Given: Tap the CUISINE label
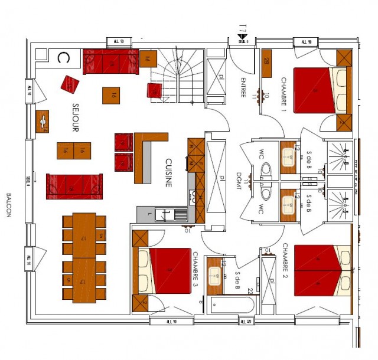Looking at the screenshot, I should click(168, 172).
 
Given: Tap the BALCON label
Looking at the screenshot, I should click(9, 205).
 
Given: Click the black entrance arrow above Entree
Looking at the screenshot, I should click(243, 36).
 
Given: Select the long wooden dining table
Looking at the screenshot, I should click(83, 257).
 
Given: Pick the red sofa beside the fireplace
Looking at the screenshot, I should click(110, 61).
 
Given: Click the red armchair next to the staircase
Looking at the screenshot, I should click(155, 91).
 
